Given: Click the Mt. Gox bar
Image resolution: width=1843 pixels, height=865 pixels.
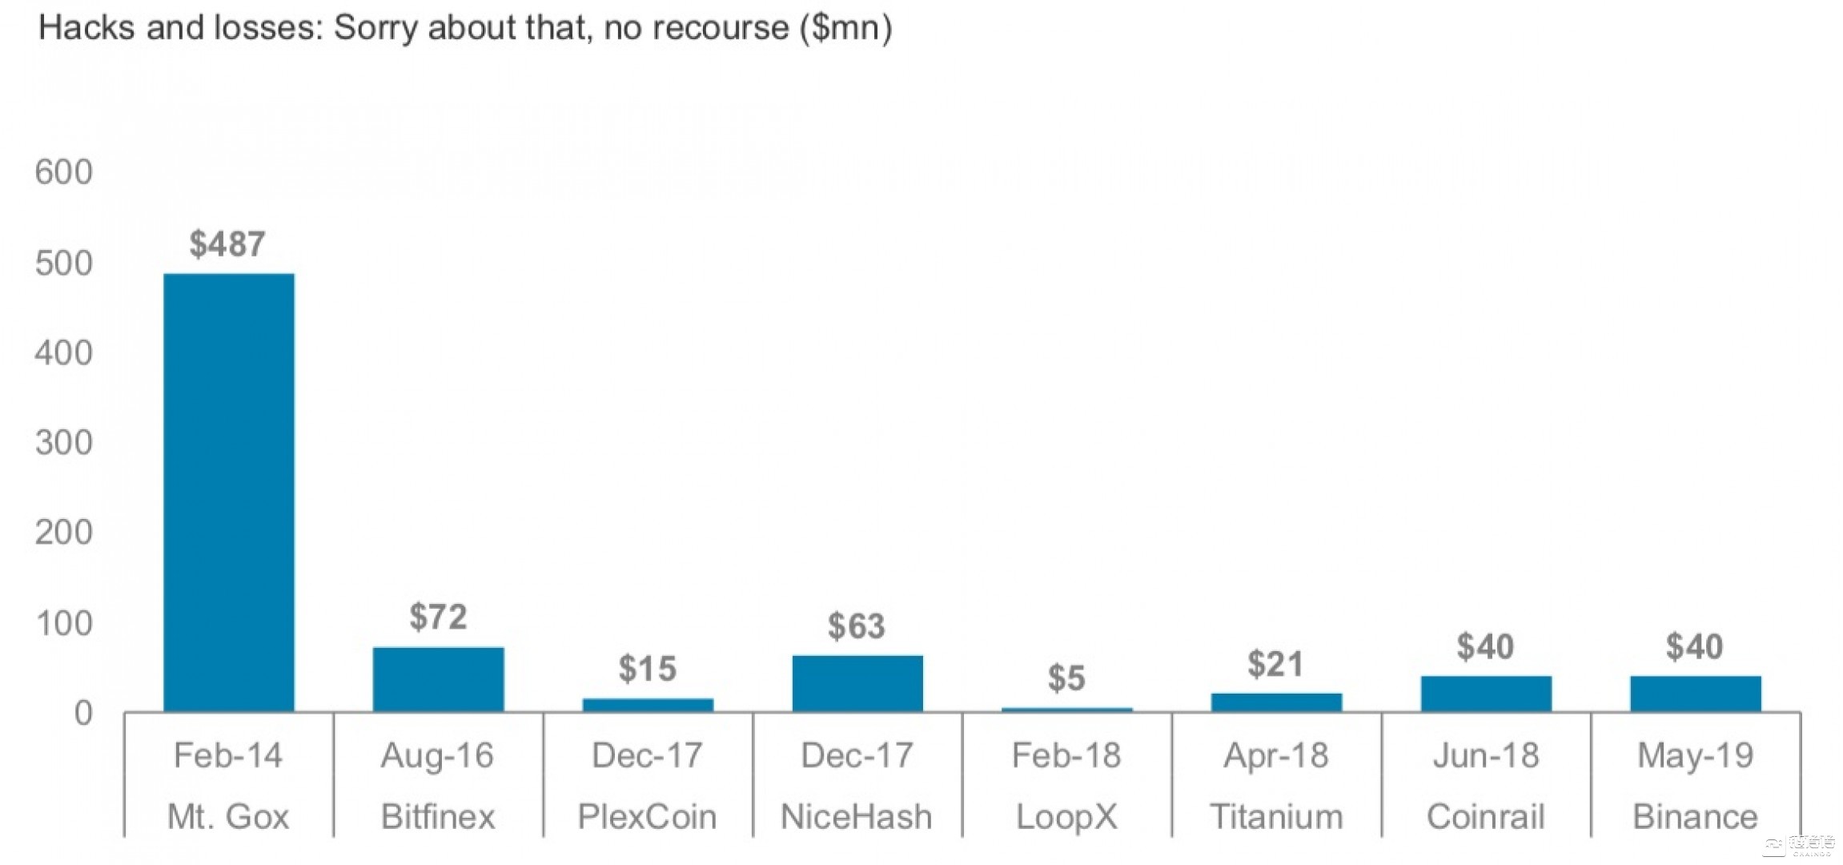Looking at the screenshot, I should pos(229,492).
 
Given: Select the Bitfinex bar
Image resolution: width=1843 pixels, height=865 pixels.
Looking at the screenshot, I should pos(439,679).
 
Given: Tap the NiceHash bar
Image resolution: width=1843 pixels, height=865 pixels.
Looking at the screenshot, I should pos(857,683).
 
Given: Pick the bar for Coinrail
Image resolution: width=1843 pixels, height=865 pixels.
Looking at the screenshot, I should pos(1486,694).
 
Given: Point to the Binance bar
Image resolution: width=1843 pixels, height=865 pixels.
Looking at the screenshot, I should pos(1696,694).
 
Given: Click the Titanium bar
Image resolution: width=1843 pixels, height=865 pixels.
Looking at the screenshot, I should pos(1276,702).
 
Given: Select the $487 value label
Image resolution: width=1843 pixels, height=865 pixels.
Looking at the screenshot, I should pos(227,244).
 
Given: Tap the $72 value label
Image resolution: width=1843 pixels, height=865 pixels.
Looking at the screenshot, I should pos(438,617).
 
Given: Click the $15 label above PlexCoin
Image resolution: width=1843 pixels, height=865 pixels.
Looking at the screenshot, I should pos(648,669).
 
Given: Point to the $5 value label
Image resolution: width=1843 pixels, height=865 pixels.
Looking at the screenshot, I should pos(1066,678).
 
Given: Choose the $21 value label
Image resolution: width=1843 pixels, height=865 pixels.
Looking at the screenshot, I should pos(1275,664).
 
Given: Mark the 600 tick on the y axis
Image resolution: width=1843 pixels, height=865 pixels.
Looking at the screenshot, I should pos(63,172).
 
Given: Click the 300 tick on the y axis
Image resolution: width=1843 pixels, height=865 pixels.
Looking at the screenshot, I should pos(63,443).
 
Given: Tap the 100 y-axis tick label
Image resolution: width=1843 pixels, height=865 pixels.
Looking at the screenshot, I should pos(63,623).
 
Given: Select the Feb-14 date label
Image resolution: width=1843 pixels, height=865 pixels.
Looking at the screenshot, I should pos(228,755).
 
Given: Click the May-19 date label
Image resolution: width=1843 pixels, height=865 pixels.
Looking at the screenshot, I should pos(1696,755).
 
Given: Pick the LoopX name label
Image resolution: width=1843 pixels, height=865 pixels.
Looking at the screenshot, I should pos(1066,817).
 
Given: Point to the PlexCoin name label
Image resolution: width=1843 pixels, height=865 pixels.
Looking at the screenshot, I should pos(647,817).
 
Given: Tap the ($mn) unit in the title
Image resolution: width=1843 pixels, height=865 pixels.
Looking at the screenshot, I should pos(845,28).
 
